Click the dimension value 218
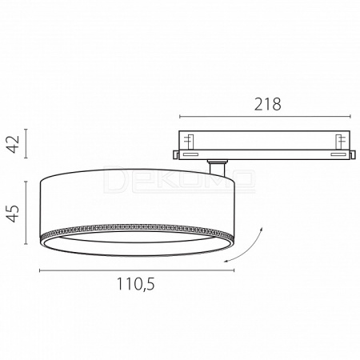(268, 104)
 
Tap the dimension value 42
(14, 144)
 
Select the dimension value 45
(14, 214)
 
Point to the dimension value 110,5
(136, 284)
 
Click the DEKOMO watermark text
(179, 179)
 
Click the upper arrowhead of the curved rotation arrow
(262, 230)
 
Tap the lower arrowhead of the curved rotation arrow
(226, 261)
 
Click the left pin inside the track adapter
(190, 142)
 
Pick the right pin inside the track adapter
(339, 142)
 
